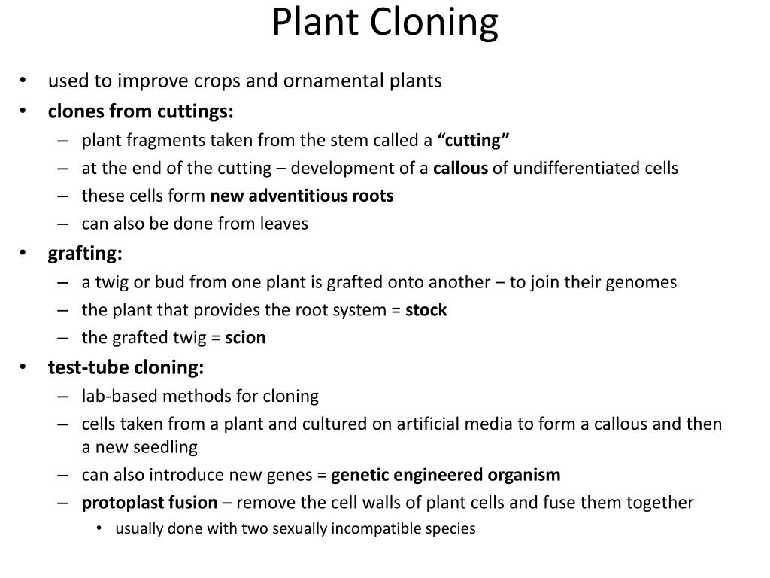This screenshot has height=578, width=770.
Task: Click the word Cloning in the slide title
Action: click(434, 23)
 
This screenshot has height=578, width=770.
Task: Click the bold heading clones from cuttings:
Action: click(141, 111)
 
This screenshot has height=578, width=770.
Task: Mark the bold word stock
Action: click(426, 310)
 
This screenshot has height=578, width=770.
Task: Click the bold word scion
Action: click(246, 338)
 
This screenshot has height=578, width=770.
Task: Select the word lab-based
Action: click(120, 396)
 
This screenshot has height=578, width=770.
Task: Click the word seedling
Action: click(165, 448)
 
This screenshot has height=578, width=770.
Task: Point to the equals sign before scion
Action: click(216, 338)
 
